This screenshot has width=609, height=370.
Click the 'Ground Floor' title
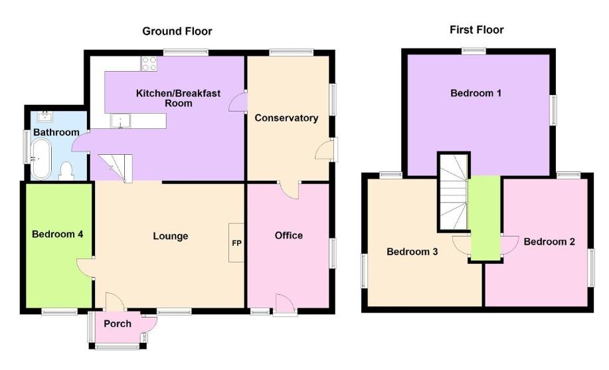(177, 31)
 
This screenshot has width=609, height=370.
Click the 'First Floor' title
(476, 30)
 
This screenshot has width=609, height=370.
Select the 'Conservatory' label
(286, 118)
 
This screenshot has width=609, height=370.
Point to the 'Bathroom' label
(56, 132)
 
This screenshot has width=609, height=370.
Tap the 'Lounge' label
(171, 236)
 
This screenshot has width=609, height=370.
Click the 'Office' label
(289, 235)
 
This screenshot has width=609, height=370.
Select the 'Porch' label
(118, 324)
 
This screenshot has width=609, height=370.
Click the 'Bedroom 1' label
(476, 93)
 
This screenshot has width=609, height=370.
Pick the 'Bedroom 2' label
(549, 242)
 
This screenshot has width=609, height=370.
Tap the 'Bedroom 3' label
(412, 252)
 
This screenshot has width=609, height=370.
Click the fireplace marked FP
(236, 242)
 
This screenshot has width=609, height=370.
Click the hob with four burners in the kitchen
(149, 64)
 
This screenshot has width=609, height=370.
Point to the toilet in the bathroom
(66, 171)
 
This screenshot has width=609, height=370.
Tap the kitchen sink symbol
(122, 121)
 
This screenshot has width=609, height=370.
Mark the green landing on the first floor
(485, 219)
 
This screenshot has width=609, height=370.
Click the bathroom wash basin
(46, 117)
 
